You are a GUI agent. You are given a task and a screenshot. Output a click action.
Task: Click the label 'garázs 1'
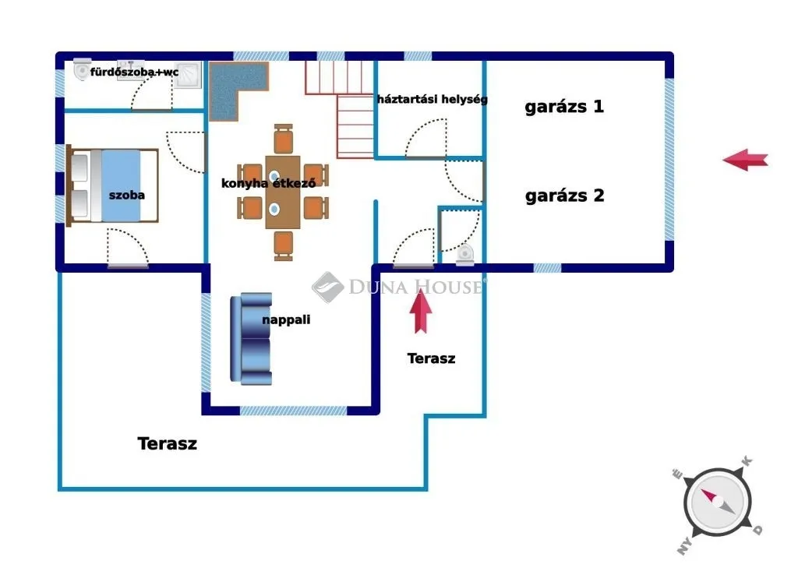[x=563, y=107]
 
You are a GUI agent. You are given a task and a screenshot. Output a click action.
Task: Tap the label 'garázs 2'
[x=564, y=196]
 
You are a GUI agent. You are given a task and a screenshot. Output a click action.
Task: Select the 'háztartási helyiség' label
[x=432, y=100]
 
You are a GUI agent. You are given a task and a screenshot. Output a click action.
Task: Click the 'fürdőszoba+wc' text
[x=135, y=72]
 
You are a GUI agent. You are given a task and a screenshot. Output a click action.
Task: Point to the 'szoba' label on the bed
[x=126, y=195]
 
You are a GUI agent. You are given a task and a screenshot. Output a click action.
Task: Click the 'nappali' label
[x=286, y=319]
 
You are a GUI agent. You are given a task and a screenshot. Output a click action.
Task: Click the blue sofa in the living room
[x=252, y=339]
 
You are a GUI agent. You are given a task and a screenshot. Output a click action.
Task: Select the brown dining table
[x=282, y=192]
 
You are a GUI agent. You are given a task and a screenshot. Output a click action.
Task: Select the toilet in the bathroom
[x=81, y=70]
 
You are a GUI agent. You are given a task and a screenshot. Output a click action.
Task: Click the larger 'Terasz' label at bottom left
[x=167, y=444]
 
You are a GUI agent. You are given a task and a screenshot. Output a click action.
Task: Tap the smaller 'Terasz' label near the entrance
[x=431, y=358]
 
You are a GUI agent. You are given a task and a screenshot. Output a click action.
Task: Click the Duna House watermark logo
[x=328, y=287]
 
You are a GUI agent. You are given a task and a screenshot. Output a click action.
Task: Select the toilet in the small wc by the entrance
[x=465, y=253]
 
